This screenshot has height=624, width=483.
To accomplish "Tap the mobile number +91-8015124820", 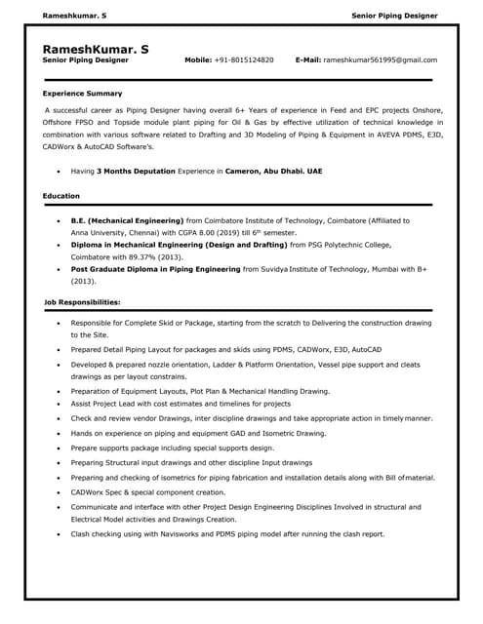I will click(244, 59).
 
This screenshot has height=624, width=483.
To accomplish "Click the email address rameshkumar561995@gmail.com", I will click(380, 59).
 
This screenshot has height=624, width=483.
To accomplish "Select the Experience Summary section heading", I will click(82, 94).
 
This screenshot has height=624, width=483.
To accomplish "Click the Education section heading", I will click(61, 196).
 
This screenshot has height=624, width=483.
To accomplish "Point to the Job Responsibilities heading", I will click(82, 302).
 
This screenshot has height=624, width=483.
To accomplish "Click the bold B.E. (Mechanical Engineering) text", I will click(127, 221).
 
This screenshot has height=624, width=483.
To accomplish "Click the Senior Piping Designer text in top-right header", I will click(394, 17).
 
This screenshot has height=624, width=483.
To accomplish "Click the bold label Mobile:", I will click(198, 59).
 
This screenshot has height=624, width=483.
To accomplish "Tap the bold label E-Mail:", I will click(307, 59).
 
